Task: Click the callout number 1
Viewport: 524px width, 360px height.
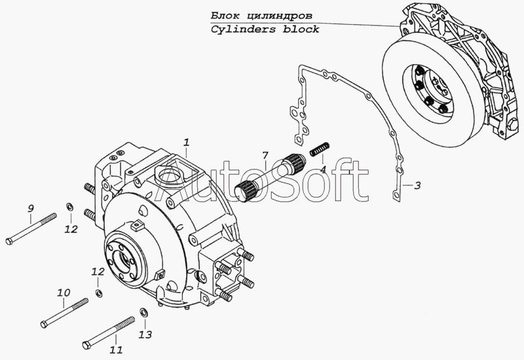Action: tap(187, 142)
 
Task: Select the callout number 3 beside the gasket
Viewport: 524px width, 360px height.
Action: tap(417, 185)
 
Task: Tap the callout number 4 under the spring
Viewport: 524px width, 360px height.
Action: tap(322, 170)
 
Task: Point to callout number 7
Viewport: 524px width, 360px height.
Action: tap(265, 155)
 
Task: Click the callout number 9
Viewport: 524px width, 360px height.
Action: tap(30, 209)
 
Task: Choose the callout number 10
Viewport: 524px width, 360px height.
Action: tap(64, 293)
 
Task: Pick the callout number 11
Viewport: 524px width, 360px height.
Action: tap(116, 350)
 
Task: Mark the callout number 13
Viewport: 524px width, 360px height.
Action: tap(145, 334)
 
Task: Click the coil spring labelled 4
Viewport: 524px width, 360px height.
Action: tap(320, 149)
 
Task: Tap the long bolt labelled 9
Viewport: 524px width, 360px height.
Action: tap(31, 229)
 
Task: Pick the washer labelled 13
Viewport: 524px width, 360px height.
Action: tap(144, 313)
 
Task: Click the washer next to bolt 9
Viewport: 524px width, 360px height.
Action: tap(70, 207)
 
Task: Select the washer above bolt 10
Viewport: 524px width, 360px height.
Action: tap(99, 293)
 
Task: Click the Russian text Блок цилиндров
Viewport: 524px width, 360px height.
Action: tap(261, 16)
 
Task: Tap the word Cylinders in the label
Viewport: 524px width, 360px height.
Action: tap(243, 29)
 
